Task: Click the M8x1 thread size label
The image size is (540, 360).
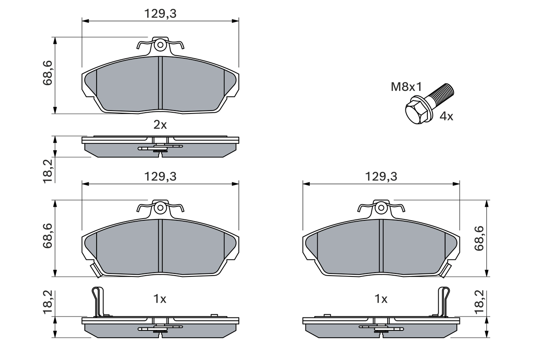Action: coord(406,87)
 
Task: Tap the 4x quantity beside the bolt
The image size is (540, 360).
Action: coord(446,116)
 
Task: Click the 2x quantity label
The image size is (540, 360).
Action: coord(160,125)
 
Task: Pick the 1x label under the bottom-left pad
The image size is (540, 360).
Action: coord(160,299)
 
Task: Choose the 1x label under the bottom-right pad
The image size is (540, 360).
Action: coord(381,299)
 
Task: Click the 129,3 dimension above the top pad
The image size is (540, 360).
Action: coord(160,14)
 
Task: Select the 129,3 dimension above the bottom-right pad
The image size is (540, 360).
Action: coord(381,177)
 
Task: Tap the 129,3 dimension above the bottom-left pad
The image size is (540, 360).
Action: coord(160,177)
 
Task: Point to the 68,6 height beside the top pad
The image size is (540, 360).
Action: coord(48,73)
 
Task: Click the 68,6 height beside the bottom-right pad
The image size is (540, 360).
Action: coord(479,238)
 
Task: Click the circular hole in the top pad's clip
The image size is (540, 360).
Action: coord(160,45)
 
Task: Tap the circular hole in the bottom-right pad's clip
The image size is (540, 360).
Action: coord(381,208)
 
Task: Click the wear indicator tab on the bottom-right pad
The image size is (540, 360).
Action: coord(445,271)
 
